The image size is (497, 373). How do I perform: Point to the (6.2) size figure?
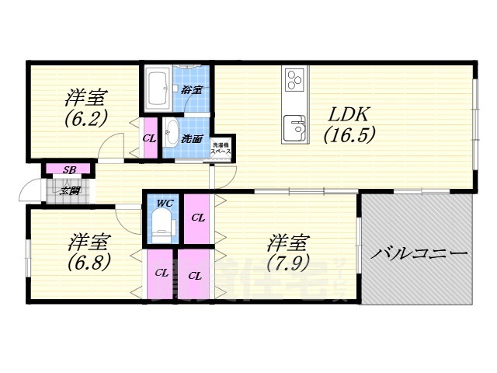pyautogui.click(x=85, y=119)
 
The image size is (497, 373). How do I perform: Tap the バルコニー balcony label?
pyautogui.click(x=419, y=253)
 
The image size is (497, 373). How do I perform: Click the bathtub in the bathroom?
pyautogui.click(x=158, y=91)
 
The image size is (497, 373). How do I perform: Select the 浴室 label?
pyautogui.click(x=191, y=89)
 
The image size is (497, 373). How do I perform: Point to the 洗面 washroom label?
pyautogui.click(x=193, y=139)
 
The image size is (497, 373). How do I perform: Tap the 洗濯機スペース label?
pyautogui.click(x=225, y=146)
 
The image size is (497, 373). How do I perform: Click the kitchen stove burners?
pyautogui.click(x=295, y=79)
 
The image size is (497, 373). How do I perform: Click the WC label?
pyautogui.click(x=164, y=204)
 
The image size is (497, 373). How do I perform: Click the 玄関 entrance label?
pyautogui.click(x=70, y=190)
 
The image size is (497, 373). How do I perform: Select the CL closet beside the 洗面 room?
pyautogui.click(x=150, y=139)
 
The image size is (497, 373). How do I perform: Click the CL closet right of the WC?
pyautogui.click(x=198, y=218)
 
